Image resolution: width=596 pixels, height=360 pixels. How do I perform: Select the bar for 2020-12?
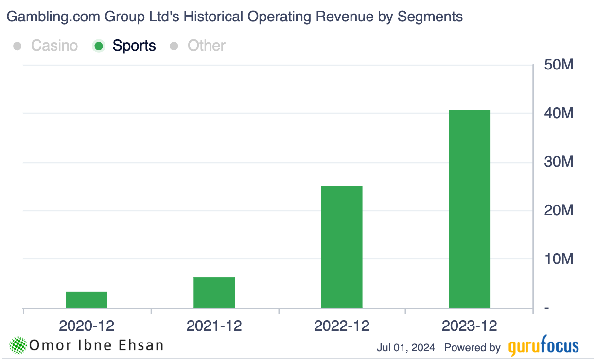(x=87, y=300)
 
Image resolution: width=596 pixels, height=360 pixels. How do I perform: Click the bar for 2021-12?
(x=214, y=292)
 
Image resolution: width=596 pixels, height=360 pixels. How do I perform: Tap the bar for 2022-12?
(x=342, y=247)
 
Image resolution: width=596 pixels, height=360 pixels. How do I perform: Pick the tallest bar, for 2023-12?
(x=469, y=209)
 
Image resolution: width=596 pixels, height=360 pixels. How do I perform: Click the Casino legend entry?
(x=54, y=46)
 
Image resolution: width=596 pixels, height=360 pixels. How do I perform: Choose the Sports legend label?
(x=134, y=46)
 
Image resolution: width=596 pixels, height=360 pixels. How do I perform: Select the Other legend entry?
(x=207, y=46)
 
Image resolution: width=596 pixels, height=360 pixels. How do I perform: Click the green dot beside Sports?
(x=99, y=46)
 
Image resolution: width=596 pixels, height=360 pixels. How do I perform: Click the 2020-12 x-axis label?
(x=87, y=326)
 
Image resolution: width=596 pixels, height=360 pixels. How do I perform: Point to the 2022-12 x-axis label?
(x=342, y=326)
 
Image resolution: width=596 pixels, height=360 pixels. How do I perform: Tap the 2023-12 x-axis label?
(x=469, y=326)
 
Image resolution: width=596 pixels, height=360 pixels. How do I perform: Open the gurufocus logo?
(x=543, y=346)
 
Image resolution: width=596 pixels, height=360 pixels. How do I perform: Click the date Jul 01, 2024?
(x=405, y=348)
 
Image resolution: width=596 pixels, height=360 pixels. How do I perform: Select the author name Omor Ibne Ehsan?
(x=96, y=345)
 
